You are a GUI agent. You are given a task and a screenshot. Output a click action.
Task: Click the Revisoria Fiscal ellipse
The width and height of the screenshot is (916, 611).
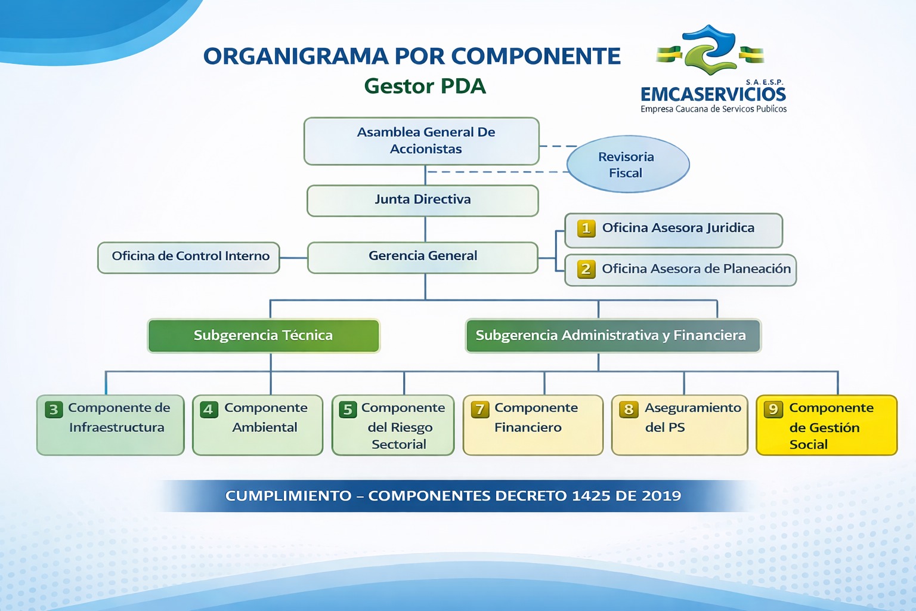(628, 164)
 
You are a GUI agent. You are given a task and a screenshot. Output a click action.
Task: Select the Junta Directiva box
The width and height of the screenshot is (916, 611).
(422, 200)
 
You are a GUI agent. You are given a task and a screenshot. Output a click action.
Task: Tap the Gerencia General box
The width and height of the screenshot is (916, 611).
(422, 257)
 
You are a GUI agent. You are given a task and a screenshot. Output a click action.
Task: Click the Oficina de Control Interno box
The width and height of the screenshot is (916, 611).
(188, 257)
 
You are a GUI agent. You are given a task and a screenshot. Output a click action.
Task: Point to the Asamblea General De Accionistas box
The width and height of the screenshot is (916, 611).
(422, 141)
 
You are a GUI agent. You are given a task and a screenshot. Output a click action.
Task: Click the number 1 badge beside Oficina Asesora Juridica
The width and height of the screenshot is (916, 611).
(586, 229)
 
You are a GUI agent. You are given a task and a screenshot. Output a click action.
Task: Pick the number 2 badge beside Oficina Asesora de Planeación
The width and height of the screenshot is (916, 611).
(586, 269)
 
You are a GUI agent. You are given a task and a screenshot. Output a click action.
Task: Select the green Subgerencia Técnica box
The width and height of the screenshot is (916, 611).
(264, 335)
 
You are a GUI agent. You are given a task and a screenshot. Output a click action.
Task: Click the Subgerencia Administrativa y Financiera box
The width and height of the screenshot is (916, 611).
(613, 335)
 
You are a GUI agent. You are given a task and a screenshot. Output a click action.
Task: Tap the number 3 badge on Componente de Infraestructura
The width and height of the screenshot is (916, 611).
(54, 410)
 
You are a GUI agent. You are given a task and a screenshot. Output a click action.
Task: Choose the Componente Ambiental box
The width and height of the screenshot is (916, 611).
(258, 425)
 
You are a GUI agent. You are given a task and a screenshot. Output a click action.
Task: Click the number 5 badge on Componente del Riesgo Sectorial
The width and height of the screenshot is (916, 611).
(348, 410)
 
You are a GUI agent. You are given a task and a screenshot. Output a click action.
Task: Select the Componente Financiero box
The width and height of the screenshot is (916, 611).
(533, 425)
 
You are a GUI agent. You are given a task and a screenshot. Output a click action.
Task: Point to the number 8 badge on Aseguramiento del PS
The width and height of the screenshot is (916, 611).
(629, 410)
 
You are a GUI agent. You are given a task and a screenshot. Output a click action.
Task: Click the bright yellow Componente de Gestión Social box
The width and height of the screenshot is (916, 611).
(827, 425)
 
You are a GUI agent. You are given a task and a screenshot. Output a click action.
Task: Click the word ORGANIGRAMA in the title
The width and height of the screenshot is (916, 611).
(296, 56)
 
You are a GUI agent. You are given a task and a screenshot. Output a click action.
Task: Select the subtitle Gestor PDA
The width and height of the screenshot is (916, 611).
(425, 86)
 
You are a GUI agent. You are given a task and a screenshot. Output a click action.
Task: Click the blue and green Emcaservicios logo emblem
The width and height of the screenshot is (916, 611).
(710, 50)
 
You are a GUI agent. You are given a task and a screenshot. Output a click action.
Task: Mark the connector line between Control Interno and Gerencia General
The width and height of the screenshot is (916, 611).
(293, 258)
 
